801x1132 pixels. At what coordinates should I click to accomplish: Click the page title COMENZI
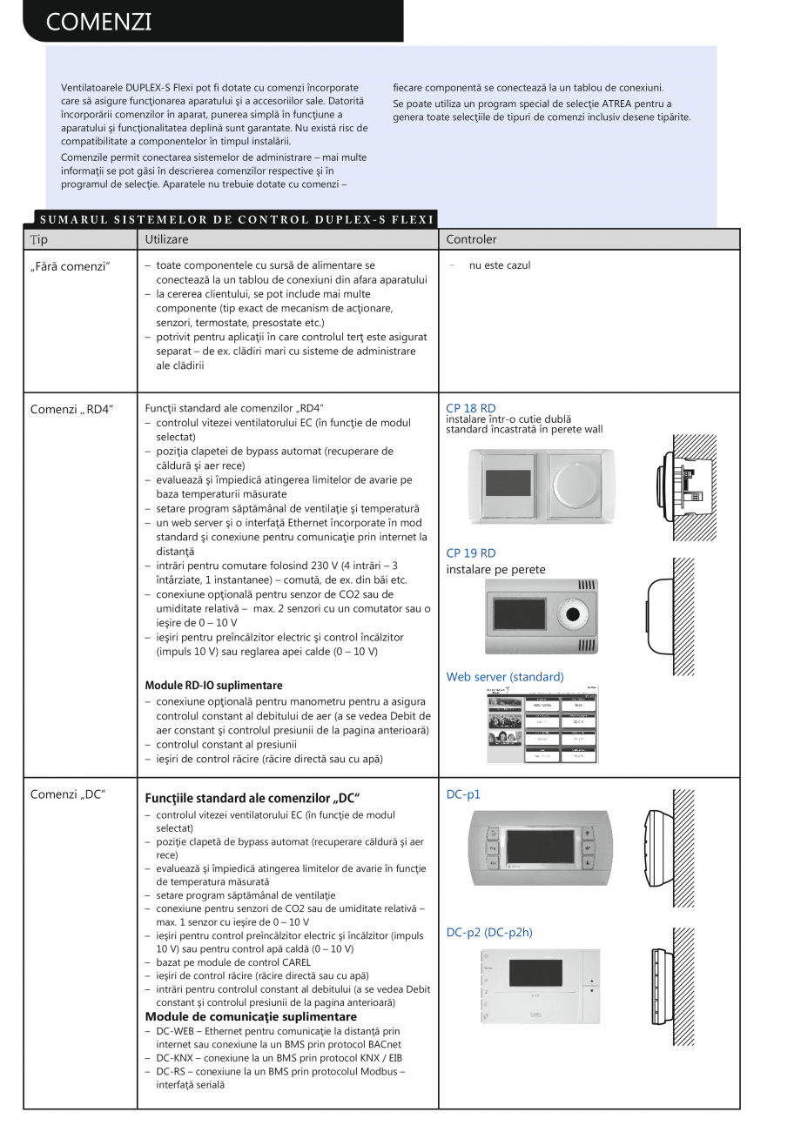pyautogui.click(x=98, y=22)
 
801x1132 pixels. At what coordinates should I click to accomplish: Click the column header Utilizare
pyautogui.click(x=166, y=239)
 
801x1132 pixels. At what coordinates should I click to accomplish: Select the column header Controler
pyautogui.click(x=471, y=239)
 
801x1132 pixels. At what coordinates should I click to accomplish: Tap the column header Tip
pyautogui.click(x=39, y=239)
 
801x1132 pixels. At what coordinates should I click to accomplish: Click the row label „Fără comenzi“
pyautogui.click(x=71, y=266)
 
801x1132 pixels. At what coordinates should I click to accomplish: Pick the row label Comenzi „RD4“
pyautogui.click(x=71, y=409)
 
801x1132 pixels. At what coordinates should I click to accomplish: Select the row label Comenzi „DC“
pyautogui.click(x=68, y=794)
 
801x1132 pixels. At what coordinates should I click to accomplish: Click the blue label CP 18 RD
pyautogui.click(x=470, y=408)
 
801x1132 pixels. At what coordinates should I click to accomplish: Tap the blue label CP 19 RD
pyautogui.click(x=470, y=553)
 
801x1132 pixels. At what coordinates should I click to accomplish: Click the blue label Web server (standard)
pyautogui.click(x=504, y=677)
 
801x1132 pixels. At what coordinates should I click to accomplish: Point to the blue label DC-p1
pyautogui.click(x=462, y=794)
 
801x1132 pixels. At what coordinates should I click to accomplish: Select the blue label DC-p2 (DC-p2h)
pyautogui.click(x=488, y=933)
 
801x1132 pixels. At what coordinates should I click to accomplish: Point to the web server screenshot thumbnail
pyautogui.click(x=542, y=725)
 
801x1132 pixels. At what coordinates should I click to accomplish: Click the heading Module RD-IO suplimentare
pyautogui.click(x=213, y=686)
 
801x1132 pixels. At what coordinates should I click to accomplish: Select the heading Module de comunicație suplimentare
pyautogui.click(x=251, y=1016)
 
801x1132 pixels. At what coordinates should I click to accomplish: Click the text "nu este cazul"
pyautogui.click(x=499, y=265)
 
